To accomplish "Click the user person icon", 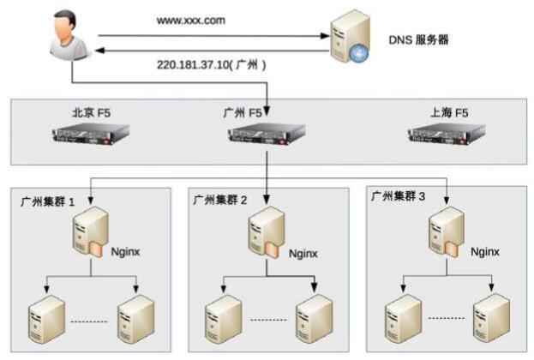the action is point(70,35).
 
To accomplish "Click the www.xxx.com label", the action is point(190,21).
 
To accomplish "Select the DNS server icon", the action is point(350,37).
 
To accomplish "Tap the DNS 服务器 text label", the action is point(418,39).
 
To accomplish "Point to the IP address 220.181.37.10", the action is point(192,64).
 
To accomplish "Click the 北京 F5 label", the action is point(91,113).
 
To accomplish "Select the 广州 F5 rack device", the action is point(267,134).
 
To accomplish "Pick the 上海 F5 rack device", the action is point(447,133).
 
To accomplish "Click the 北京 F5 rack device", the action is point(91,134).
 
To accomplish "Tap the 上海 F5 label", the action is point(449,112).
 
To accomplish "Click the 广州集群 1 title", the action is point(47,202).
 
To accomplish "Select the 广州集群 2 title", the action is point(220,200).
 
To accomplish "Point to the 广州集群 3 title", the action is point(398,196).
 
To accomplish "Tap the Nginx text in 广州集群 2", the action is point(303,254).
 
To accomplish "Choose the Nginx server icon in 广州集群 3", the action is point(447,232).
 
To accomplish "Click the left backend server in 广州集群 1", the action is point(46,320).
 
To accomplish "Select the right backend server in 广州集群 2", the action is point(314,319).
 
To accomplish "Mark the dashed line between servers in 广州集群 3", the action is point(447,318).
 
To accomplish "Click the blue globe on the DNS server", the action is point(359,53).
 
